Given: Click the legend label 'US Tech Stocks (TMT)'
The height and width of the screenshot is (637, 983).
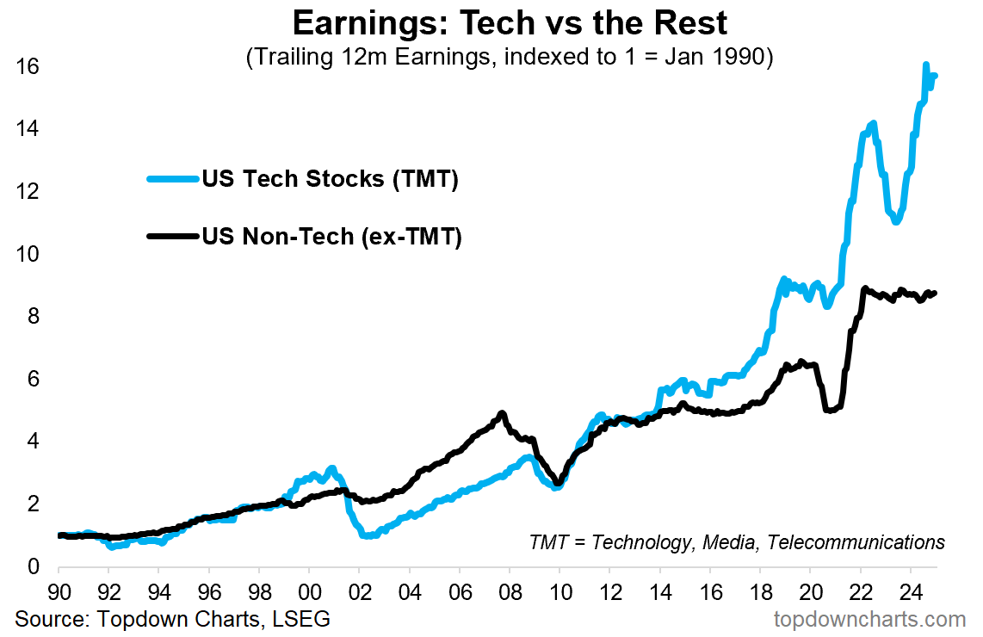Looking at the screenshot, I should click(330, 180).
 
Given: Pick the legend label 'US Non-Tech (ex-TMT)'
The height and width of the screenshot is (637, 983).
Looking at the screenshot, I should click(332, 237).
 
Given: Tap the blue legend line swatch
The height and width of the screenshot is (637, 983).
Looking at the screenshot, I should click(173, 180).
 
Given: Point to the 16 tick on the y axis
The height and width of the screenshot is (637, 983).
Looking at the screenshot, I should click(28, 67).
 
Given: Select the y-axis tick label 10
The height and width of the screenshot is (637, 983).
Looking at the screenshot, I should click(28, 255).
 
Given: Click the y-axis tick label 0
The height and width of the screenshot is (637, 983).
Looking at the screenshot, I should click(32, 567).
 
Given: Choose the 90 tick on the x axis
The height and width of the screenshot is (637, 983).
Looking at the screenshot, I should click(59, 594).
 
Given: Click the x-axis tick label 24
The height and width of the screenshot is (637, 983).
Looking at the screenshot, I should click(911, 594).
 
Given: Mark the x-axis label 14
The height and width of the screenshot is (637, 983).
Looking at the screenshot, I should click(660, 594).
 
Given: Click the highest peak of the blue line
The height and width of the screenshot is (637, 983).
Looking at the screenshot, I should click(925, 65).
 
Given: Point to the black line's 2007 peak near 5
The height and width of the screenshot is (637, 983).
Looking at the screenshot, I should click(502, 414).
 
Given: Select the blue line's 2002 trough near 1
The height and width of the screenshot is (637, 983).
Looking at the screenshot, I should click(368, 535).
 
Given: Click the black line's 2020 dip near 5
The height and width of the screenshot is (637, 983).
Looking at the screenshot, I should click(829, 411).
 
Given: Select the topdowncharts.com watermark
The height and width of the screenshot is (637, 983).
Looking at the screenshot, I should click(869, 619).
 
